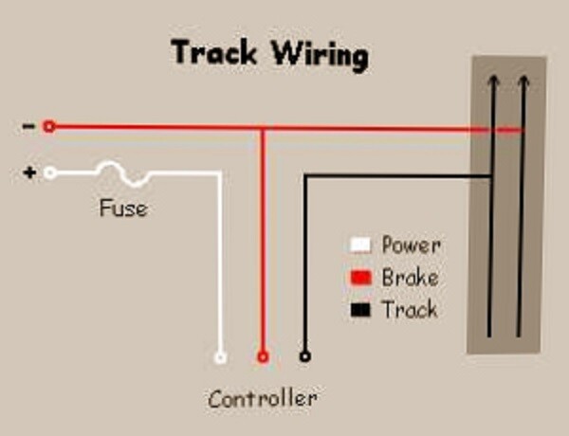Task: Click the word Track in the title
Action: [x=214, y=52]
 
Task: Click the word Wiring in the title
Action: [x=321, y=55]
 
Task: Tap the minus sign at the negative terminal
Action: [x=28, y=126]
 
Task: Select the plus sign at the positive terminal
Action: [x=29, y=173]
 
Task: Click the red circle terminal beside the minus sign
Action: [x=49, y=127]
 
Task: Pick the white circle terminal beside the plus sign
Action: [x=50, y=173]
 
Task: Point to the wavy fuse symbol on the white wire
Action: [x=123, y=173]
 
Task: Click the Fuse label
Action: [x=123, y=208]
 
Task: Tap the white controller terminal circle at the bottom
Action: [x=220, y=357]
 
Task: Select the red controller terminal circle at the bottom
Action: [x=263, y=357]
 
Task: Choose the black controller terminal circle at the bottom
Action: [x=305, y=356]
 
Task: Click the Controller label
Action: [x=263, y=398]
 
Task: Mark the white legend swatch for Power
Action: [x=360, y=245]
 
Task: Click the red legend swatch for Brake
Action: [x=361, y=278]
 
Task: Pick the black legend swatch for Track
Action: [x=360, y=310]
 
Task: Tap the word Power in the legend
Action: [x=412, y=245]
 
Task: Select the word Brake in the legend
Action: [x=410, y=278]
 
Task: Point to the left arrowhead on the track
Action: [x=493, y=80]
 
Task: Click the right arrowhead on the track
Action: [x=523, y=80]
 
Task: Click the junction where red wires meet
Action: [x=263, y=128]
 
